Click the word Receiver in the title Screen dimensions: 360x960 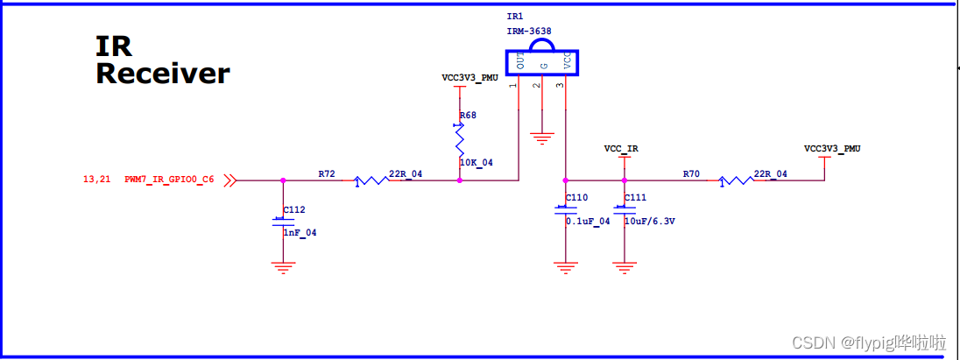(162, 74)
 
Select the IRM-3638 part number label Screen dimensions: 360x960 (529, 31)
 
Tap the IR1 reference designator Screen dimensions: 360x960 (514, 17)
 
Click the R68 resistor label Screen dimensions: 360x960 (469, 115)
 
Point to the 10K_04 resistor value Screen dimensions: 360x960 (476, 163)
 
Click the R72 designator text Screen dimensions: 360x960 (327, 174)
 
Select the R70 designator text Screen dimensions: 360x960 (691, 174)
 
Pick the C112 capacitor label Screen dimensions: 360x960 (294, 210)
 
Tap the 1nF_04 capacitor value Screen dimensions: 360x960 (300, 233)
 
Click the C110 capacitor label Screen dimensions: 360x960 (577, 198)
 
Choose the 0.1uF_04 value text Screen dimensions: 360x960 (588, 222)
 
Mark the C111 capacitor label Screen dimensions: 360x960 (635, 198)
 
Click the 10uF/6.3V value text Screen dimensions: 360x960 (649, 222)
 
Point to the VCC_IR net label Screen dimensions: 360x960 (621, 149)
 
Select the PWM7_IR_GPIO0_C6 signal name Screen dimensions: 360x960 (169, 180)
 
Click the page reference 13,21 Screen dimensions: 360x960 (96, 180)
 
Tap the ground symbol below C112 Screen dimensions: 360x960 (282, 268)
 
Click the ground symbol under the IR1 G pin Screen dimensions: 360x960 (543, 138)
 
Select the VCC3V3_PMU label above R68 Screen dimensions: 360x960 (470, 77)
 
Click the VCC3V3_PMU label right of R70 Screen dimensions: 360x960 (832, 149)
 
